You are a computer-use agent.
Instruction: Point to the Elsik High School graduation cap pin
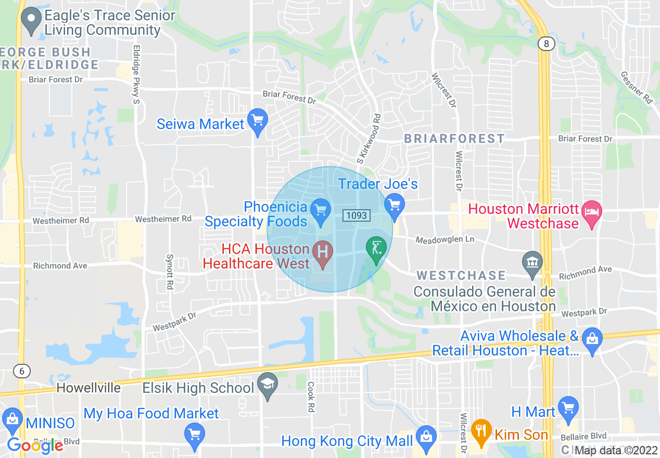tap(268, 385)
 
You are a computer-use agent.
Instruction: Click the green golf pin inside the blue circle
tap(376, 248)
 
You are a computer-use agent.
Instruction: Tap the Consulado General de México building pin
tap(532, 261)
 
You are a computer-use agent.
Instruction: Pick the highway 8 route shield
tap(546, 44)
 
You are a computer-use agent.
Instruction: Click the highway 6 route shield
tap(21, 371)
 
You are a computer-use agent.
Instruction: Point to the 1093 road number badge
tap(356, 215)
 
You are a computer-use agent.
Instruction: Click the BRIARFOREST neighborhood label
tap(454, 138)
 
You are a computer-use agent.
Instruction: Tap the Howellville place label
tap(88, 388)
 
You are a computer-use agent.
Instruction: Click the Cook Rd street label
tap(311, 397)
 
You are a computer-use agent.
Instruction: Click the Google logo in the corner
tap(35, 446)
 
